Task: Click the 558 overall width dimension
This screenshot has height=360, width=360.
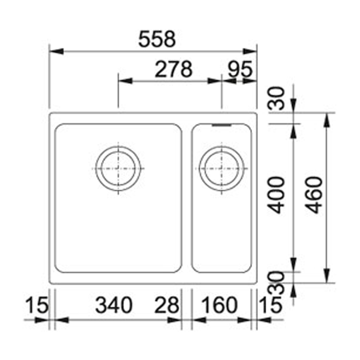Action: (x=157, y=39)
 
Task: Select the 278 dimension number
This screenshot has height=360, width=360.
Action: (x=174, y=69)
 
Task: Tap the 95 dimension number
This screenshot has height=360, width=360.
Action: (x=240, y=69)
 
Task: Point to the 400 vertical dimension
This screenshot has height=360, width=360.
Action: (x=276, y=195)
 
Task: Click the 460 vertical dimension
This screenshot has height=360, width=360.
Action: (x=314, y=195)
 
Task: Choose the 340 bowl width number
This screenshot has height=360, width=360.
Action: (x=114, y=305)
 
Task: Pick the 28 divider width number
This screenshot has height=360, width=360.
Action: (x=166, y=305)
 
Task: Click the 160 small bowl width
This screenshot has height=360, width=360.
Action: (x=219, y=305)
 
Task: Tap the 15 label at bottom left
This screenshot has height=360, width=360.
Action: (x=37, y=305)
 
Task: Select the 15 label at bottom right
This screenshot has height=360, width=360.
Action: (x=270, y=305)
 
